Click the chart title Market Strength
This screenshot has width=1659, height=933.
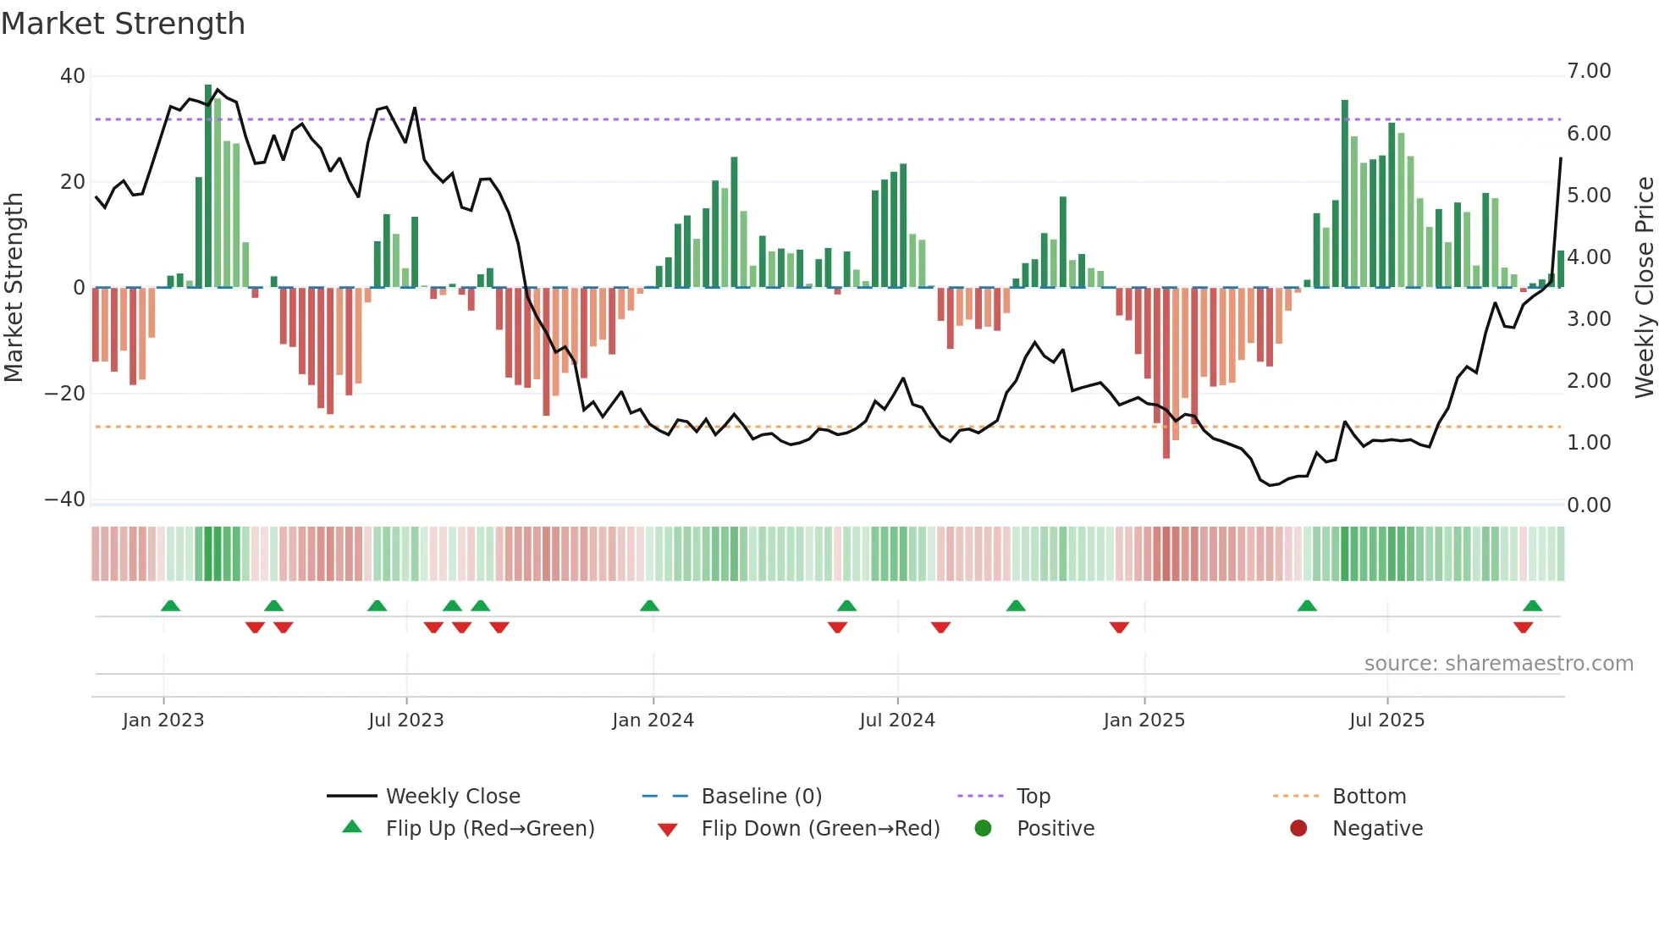123,24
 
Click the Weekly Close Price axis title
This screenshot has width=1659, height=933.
1644,287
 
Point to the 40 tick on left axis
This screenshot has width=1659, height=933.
73,76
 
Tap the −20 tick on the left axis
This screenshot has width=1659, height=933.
65,394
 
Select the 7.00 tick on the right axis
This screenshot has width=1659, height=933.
1589,71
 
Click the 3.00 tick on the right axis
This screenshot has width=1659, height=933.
1589,319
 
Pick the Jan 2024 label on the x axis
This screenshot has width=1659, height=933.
653,720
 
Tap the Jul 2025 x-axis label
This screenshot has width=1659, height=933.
1386,720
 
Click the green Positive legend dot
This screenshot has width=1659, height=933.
983,829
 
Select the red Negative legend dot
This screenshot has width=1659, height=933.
1298,829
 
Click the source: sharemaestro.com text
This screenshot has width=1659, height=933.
1498,664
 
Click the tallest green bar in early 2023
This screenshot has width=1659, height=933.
208,186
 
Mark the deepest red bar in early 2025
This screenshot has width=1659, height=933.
1166,373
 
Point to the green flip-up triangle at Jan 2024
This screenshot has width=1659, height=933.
649,606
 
